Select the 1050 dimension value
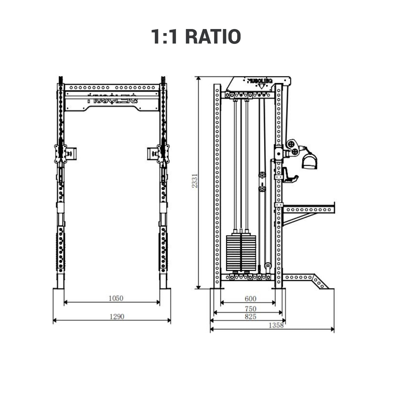[x=116, y=298]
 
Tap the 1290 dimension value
[x=117, y=316]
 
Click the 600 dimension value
[x=250, y=298]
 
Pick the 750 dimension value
[x=250, y=308]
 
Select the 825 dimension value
[x=250, y=316]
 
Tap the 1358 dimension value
[x=276, y=325]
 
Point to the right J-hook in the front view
[x=152, y=154]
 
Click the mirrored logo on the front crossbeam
[x=112, y=99]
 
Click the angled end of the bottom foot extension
[x=321, y=283]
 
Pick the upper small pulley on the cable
[x=262, y=176]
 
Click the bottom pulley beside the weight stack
[x=268, y=266]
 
